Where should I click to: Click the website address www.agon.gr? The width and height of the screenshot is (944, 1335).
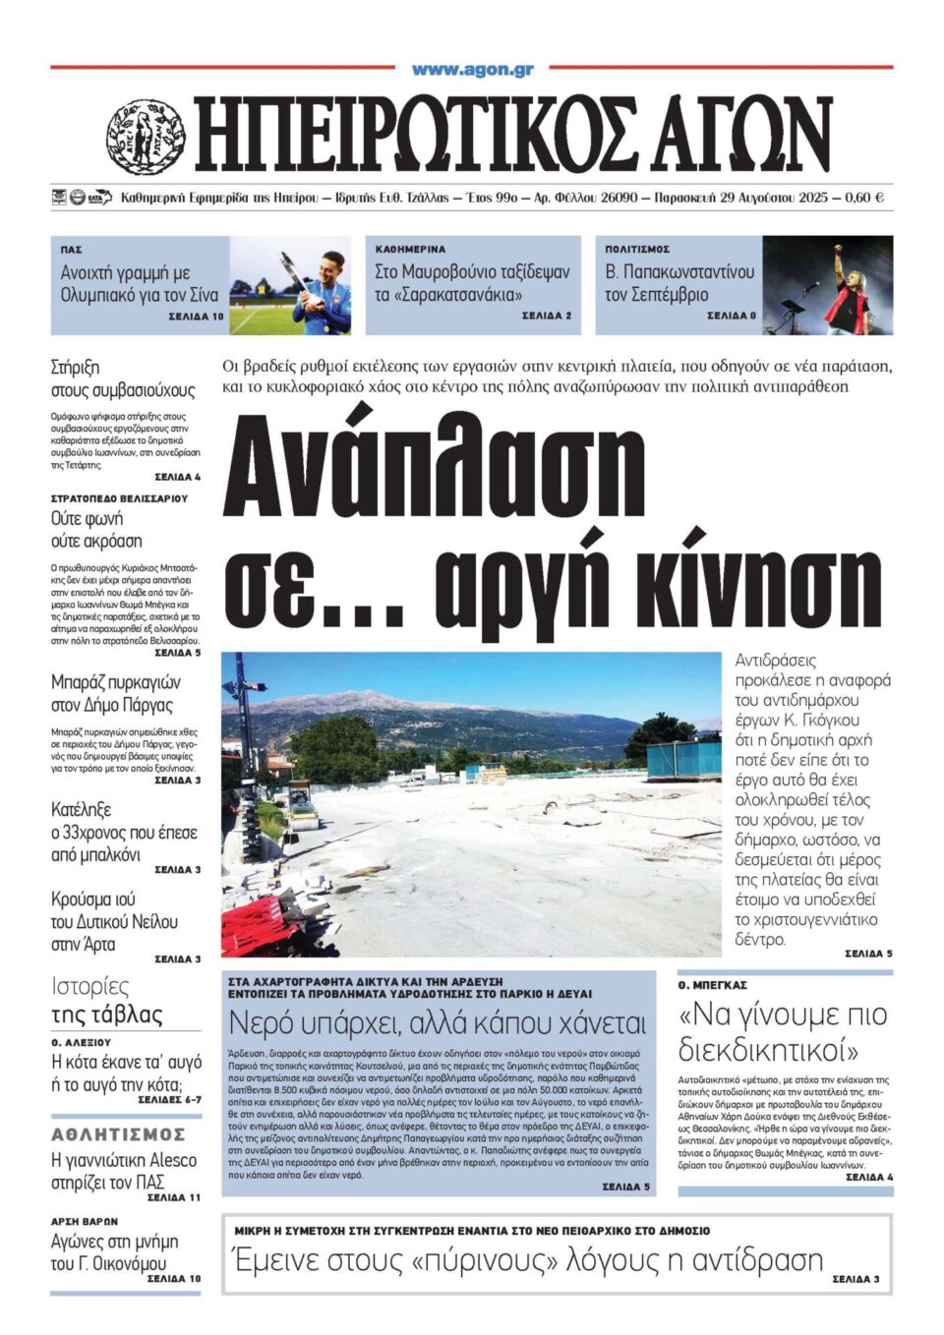pyautogui.click(x=472, y=70)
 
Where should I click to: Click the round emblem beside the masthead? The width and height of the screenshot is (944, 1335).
pyautogui.click(x=145, y=137)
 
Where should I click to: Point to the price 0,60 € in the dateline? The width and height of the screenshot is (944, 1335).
pyautogui.click(x=864, y=198)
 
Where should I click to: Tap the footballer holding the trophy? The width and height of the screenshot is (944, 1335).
pyautogui.click(x=325, y=282)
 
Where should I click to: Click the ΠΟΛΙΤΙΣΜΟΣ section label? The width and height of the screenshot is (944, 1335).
pyautogui.click(x=637, y=250)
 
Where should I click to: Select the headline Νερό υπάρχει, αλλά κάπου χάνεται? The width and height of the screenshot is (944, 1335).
pyautogui.click(x=438, y=1023)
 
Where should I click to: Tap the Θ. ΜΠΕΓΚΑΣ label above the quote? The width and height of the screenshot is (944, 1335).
pyautogui.click(x=712, y=985)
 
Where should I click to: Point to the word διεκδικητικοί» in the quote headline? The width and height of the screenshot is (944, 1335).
pyautogui.click(x=768, y=1051)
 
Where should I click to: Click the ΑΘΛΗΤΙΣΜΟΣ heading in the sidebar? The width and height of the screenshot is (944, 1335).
pyautogui.click(x=118, y=1134)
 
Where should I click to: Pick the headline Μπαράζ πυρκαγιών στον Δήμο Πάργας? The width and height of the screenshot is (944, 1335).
pyautogui.click(x=116, y=693)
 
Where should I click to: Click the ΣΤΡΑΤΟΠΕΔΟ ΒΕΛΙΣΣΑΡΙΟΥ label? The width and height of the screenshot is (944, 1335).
pyautogui.click(x=119, y=498)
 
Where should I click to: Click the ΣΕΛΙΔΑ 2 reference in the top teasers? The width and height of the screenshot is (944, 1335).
pyautogui.click(x=546, y=316)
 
